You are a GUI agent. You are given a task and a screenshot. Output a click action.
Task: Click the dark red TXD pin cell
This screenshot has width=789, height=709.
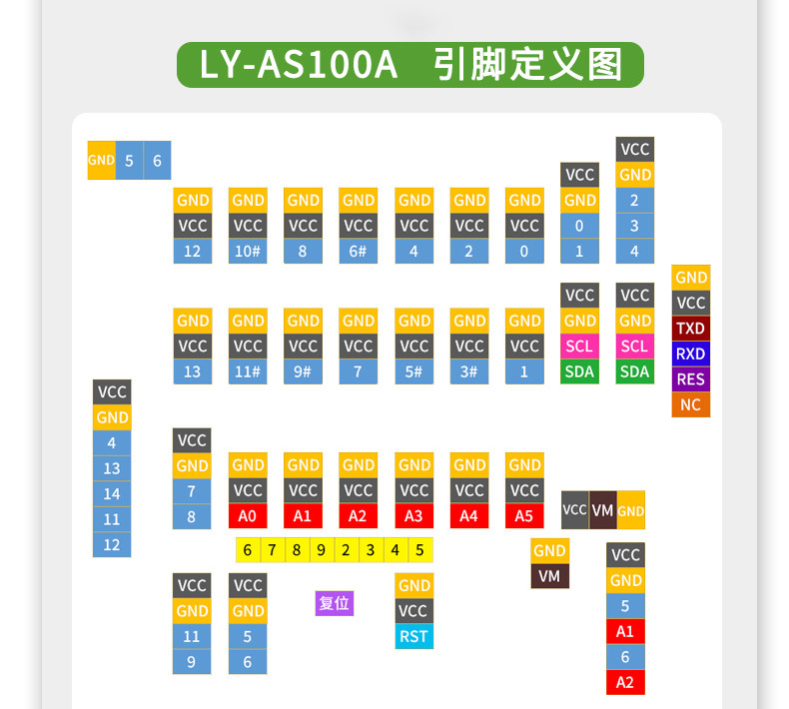(x=691, y=329)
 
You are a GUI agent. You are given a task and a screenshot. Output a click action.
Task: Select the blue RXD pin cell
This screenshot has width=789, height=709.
(x=691, y=354)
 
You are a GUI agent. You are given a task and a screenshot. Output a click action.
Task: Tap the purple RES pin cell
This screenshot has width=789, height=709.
(x=691, y=379)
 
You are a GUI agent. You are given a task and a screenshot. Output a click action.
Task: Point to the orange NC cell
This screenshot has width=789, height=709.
(x=691, y=404)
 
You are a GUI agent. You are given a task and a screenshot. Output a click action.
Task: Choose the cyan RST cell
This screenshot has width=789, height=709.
(x=414, y=636)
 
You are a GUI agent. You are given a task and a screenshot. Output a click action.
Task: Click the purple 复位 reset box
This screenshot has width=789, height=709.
(x=335, y=603)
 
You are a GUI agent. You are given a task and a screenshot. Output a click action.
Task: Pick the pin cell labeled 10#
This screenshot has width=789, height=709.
(x=248, y=251)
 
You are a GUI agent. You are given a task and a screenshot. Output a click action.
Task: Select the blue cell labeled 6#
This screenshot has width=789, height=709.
(x=359, y=251)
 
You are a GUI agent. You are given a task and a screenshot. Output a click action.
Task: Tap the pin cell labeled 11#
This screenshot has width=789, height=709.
(x=248, y=371)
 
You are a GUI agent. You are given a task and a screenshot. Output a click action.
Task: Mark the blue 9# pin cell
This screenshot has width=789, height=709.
(x=303, y=371)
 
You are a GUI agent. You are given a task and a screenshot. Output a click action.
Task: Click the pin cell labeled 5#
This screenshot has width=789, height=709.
(x=414, y=371)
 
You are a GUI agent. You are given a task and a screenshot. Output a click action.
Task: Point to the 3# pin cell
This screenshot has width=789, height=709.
(x=469, y=371)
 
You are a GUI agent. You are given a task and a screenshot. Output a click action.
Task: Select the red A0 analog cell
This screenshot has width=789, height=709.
(x=248, y=516)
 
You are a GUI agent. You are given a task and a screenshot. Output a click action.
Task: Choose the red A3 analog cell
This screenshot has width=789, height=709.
(x=414, y=516)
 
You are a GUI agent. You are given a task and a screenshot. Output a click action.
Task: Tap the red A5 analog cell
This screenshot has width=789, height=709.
(x=524, y=516)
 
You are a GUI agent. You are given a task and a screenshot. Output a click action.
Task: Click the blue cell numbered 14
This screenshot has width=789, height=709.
(x=112, y=494)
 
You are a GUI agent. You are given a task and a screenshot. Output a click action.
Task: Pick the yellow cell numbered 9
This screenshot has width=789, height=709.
(x=322, y=550)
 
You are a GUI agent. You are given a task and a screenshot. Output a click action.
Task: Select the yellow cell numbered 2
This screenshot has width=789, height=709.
(x=347, y=550)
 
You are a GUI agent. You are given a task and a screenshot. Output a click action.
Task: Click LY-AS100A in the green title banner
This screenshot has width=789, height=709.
(x=299, y=65)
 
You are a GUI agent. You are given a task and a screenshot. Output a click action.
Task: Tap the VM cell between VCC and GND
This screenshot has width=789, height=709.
(x=603, y=510)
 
